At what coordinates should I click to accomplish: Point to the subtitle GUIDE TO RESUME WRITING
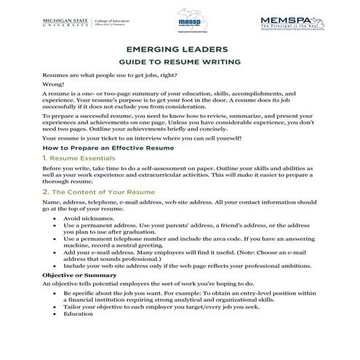click(179, 63)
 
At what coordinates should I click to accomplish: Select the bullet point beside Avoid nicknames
click(57, 219)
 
